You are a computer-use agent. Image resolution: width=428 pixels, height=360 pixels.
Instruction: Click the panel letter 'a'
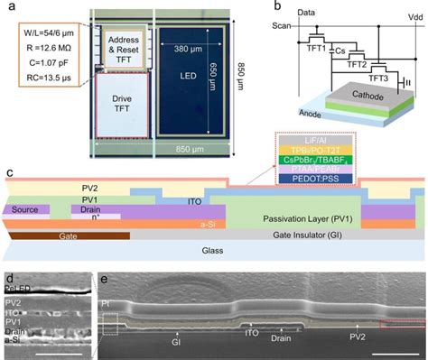pos(8,6)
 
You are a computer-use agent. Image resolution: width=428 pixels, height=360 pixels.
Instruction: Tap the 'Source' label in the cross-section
pos(26,208)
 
